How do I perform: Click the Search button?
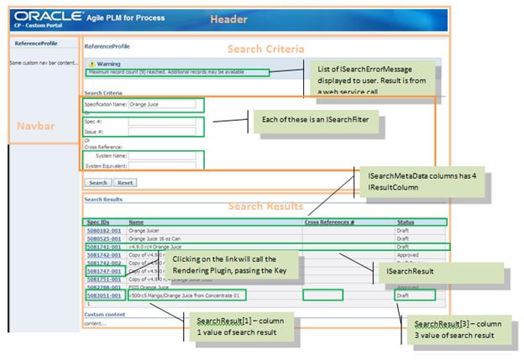coord(98,182)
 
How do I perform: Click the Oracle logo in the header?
coord(48,15)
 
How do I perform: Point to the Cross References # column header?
coord(328,222)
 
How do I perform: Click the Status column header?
coord(406,222)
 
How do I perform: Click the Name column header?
coord(136,222)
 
